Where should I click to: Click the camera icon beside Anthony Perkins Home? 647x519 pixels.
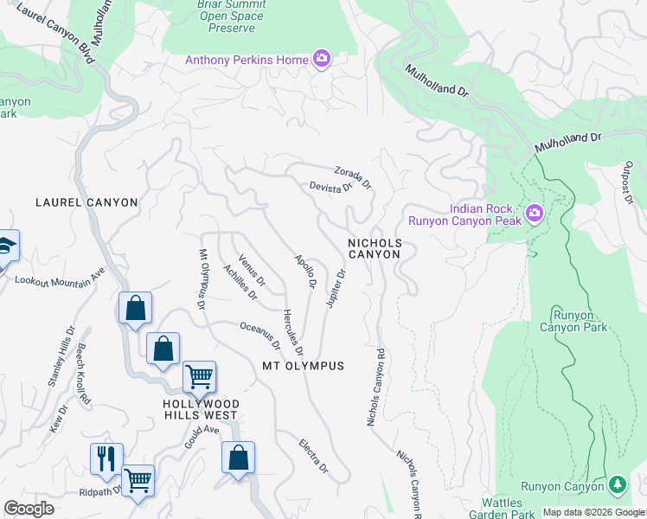pos(323,59)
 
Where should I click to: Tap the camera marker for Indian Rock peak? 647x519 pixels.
pos(534,213)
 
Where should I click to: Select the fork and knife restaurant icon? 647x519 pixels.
pos(106,458)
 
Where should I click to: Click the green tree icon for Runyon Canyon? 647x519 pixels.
pos(617,485)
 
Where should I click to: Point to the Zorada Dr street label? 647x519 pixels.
pos(352,176)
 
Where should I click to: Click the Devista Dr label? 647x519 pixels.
pos(331,187)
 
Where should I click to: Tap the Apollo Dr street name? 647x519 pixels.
pos(304,271)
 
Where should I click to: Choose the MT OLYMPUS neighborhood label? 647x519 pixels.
pos(303,366)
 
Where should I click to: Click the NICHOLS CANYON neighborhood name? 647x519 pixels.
pos(375,249)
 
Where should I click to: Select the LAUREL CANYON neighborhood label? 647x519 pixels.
pos(86,202)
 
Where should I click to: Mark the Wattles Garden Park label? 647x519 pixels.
pos(502,508)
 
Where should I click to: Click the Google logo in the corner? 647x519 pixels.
pos(29,509)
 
